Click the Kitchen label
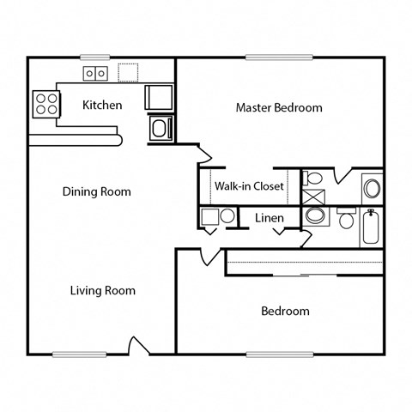[101, 106]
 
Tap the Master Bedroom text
[279, 108]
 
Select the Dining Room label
[96, 191]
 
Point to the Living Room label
[102, 291]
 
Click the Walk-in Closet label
[250, 185]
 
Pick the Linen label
[269, 218]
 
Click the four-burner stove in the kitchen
[46, 105]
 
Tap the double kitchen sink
[96, 74]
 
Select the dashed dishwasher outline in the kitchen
[129, 72]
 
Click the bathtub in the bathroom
[372, 227]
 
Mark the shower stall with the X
[315, 195]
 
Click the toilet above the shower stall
[314, 179]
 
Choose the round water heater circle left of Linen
[227, 216]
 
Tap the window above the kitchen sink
[96, 58]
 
